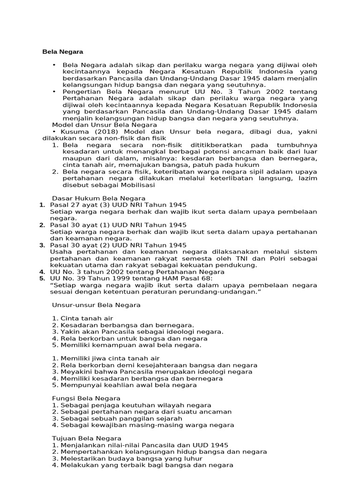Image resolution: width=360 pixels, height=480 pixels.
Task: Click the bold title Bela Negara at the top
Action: coord(63,52)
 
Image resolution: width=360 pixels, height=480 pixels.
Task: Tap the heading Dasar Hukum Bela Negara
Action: coord(98,198)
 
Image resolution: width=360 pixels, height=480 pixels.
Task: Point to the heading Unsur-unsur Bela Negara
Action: coord(96,305)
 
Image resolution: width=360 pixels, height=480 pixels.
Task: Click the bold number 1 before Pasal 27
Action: coord(42,205)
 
